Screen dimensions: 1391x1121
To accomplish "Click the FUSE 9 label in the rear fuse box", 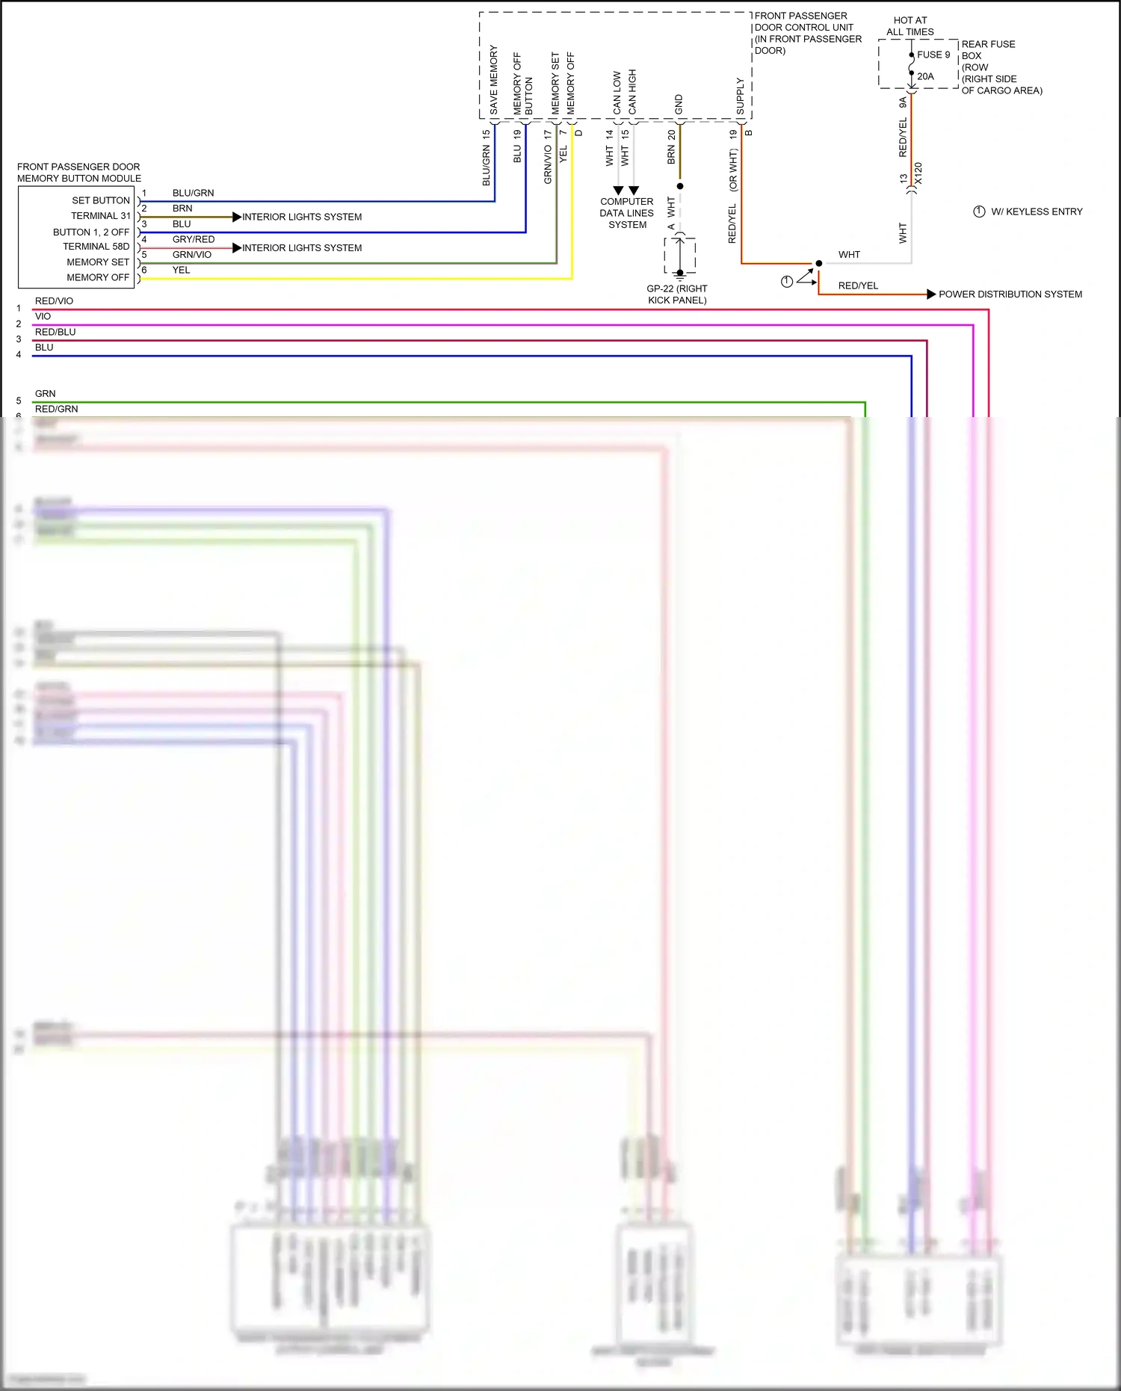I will pyautogui.click(x=933, y=55).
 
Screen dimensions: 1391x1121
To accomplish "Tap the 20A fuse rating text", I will pyautogui.click(x=925, y=76).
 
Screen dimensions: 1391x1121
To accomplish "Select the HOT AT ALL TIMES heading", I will pyautogui.click(x=910, y=26).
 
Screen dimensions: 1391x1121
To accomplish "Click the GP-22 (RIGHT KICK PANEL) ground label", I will pyautogui.click(x=677, y=294).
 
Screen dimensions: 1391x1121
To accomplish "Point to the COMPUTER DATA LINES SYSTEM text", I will pyautogui.click(x=627, y=213).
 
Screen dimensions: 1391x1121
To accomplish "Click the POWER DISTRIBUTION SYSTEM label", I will pyautogui.click(x=1010, y=294).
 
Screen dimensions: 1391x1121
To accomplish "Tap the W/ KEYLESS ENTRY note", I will pyautogui.click(x=1037, y=212).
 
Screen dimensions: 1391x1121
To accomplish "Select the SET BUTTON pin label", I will pyautogui.click(x=101, y=200).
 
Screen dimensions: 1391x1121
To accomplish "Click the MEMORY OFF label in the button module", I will pyautogui.click(x=98, y=277).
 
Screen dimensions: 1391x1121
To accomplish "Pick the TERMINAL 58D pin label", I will pyautogui.click(x=96, y=247).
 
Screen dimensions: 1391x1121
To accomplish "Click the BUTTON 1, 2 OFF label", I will pyautogui.click(x=91, y=232).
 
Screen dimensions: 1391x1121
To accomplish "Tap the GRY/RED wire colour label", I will pyautogui.click(x=194, y=239).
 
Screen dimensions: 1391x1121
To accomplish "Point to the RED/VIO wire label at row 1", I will pyautogui.click(x=54, y=301).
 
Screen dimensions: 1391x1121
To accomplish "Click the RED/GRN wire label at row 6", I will pyautogui.click(x=56, y=409).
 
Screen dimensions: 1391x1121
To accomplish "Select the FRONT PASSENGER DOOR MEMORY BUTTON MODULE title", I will pyautogui.click(x=78, y=173).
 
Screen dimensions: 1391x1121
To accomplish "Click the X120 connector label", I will pyautogui.click(x=918, y=173).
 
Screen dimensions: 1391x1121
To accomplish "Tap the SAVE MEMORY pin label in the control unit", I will pyautogui.click(x=493, y=80).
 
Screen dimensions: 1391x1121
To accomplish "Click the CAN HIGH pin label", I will pyautogui.click(x=632, y=91).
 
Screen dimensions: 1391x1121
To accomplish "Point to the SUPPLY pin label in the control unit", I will pyautogui.click(x=740, y=96).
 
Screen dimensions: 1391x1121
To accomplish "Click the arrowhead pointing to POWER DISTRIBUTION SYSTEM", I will pyautogui.click(x=931, y=294).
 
